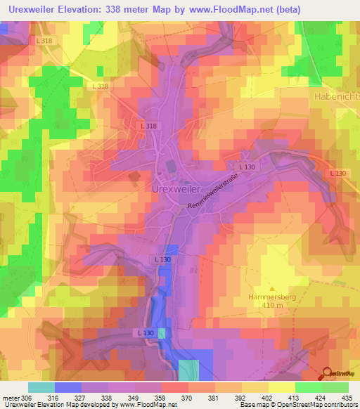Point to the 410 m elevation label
pyautogui.click(x=270, y=306)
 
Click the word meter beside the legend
pyautogui.click(x=9, y=398)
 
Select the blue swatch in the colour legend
pyautogui.click(x=67, y=387)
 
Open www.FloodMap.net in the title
pyautogui.click(x=229, y=11)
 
